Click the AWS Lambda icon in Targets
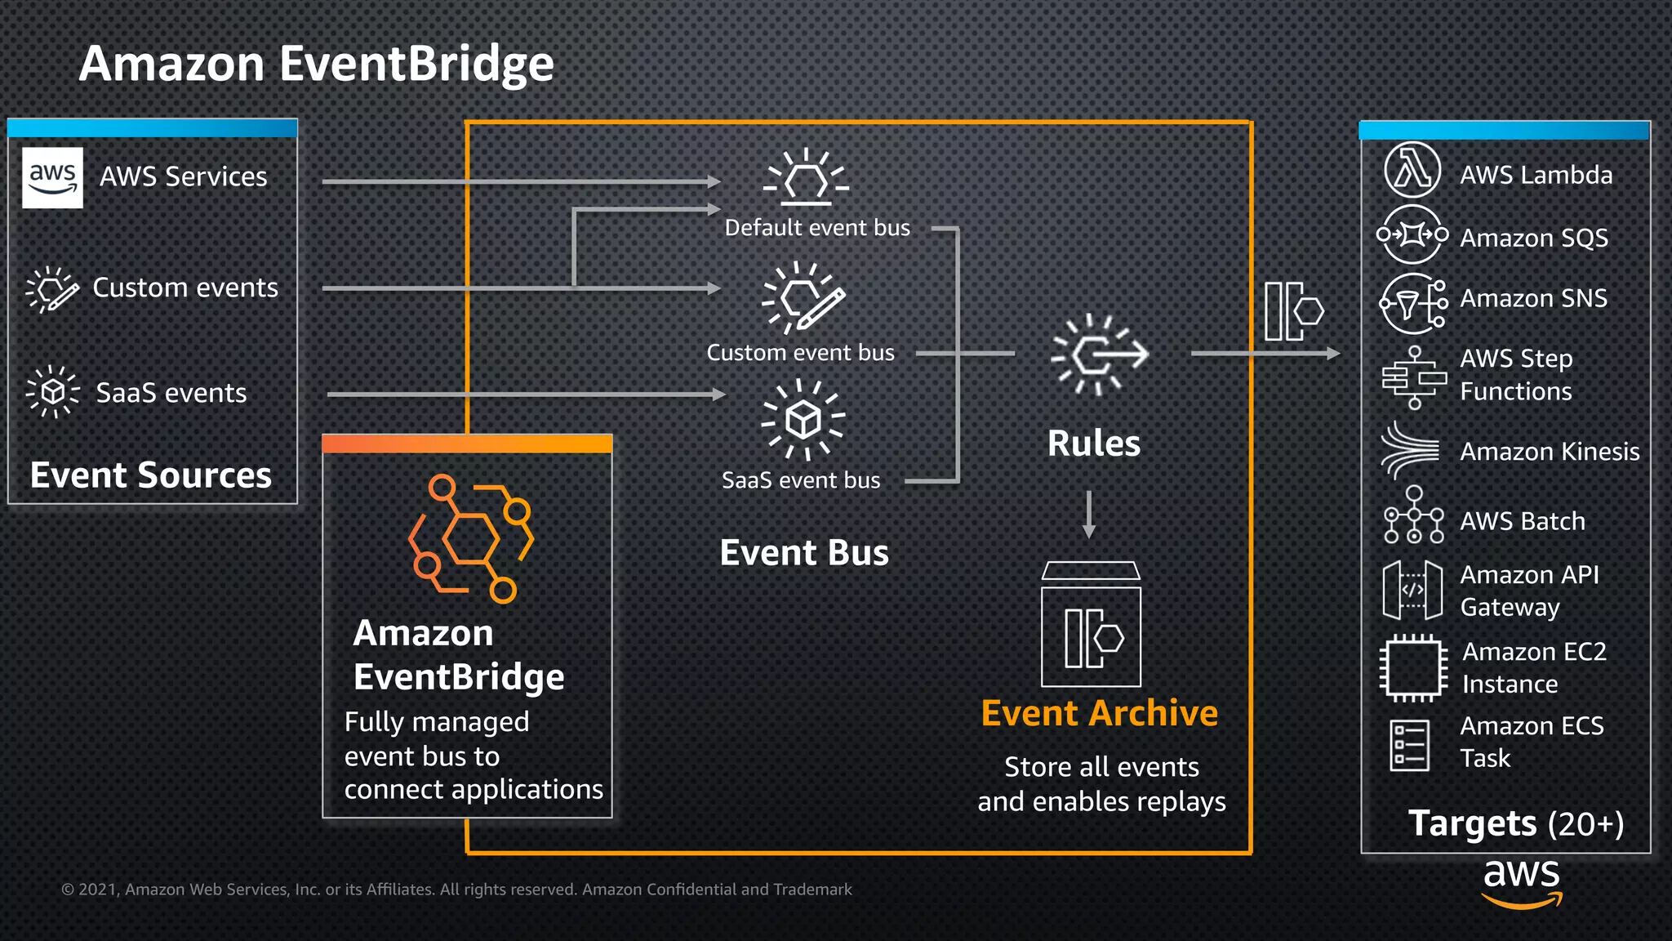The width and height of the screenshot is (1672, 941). point(1412,171)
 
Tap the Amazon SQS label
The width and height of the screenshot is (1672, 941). point(1533,238)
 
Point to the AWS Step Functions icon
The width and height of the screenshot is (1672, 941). point(1414,377)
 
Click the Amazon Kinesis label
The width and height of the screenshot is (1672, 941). point(1549,452)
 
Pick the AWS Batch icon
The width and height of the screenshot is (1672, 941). point(1414,515)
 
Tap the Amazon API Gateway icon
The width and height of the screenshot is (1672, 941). point(1412,590)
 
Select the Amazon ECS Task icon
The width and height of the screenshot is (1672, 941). point(1409,745)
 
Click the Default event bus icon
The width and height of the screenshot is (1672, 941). point(806,176)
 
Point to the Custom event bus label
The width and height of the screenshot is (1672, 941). point(800,353)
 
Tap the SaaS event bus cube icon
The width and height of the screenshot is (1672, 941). point(803,420)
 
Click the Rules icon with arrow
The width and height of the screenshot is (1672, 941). point(1100,355)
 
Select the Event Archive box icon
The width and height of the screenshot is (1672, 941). point(1091,626)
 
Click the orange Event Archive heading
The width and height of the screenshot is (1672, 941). point(1099,713)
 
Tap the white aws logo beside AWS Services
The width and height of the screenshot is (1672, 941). point(52,177)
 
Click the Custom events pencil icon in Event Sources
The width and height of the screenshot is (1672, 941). point(52,289)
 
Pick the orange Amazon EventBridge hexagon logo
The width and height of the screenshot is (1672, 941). point(470,538)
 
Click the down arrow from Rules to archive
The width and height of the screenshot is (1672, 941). point(1089,515)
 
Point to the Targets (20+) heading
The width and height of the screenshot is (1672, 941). point(1515,823)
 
